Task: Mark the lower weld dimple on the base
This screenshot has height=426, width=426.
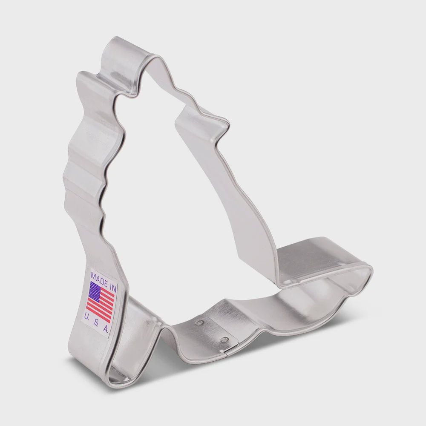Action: (x=222, y=340)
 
